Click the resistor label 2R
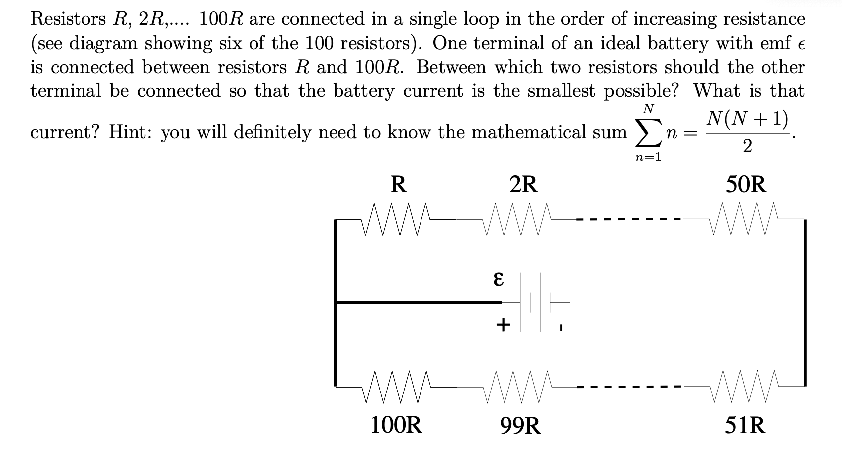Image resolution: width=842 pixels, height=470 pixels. click(x=523, y=185)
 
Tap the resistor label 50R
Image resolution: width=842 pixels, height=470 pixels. click(x=746, y=185)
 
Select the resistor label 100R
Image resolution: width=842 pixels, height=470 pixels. click(x=396, y=425)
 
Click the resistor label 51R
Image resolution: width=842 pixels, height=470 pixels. click(x=745, y=425)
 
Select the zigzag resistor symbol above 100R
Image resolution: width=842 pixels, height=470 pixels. click(x=396, y=386)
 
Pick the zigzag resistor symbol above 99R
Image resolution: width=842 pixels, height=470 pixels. click(x=519, y=386)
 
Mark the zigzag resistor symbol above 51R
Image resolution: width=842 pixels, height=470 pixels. click(x=741, y=386)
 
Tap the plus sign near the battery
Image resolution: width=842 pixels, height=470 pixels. click(x=503, y=325)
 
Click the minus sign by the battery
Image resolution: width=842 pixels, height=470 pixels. click(x=560, y=328)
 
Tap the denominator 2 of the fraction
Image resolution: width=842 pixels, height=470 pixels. click(x=747, y=147)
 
